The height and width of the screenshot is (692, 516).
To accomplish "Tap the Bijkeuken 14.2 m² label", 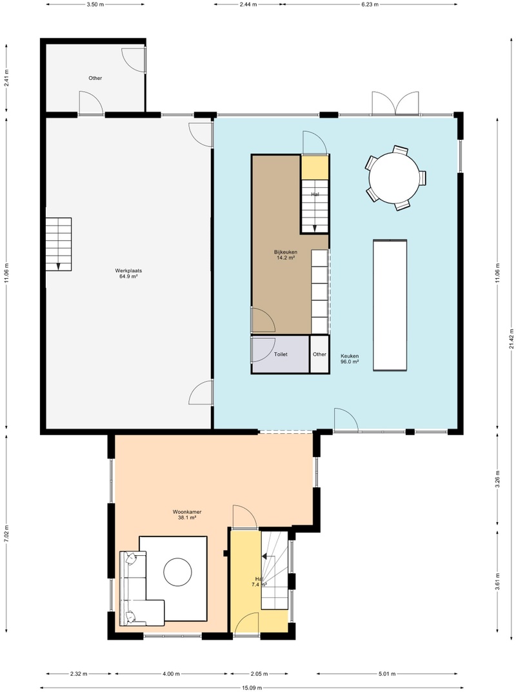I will [x=284, y=254].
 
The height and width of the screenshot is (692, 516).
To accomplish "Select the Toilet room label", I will [x=281, y=354].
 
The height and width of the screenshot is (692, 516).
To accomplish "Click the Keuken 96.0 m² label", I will [x=350, y=359].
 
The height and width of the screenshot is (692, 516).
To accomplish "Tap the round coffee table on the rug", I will [x=177, y=571].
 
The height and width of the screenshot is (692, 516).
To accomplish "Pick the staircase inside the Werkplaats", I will [x=58, y=245].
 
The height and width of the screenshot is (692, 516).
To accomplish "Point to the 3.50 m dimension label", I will [x=95, y=4].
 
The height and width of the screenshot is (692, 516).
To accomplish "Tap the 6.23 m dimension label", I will [x=370, y=4].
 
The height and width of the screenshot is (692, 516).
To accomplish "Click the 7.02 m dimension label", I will [x=6, y=534].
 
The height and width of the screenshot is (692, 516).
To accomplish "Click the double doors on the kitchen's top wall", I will [x=395, y=103].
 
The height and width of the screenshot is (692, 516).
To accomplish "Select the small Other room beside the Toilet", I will [x=319, y=354].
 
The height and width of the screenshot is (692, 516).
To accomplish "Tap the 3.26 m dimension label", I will [x=497, y=480].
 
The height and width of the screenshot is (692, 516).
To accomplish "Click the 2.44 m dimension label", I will [x=248, y=4].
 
